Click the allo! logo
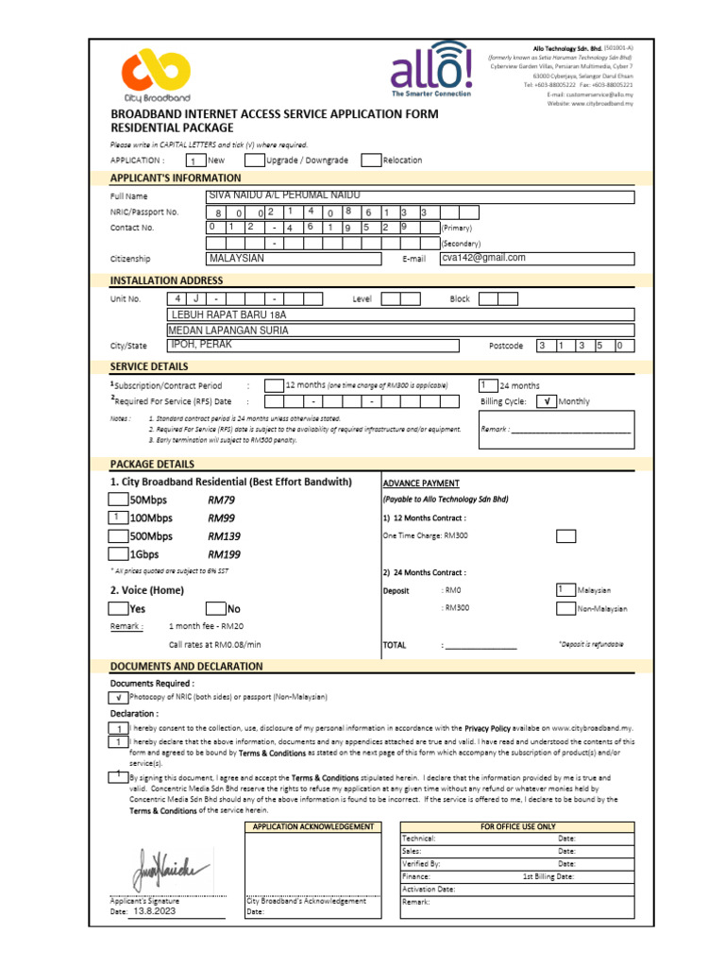pyautogui.click(x=431, y=68)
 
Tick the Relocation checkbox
pyautogui.click(x=371, y=161)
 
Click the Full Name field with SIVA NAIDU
pyautogui.click(x=420, y=196)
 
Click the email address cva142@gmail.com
pyautogui.click(x=483, y=258)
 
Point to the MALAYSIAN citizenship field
pyautogui.click(x=294, y=259)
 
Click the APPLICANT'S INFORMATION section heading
pyautogui.click(x=176, y=178)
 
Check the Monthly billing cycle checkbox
pyautogui.click(x=546, y=401)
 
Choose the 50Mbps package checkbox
pyautogui.click(x=118, y=500)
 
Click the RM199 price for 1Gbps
pyautogui.click(x=225, y=554)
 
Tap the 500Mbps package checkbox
pyautogui.click(x=118, y=536)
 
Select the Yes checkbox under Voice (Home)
pyautogui.click(x=118, y=609)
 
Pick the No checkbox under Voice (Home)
pyautogui.click(x=215, y=609)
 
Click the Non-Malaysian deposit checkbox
pyautogui.click(x=566, y=608)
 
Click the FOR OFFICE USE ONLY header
pyautogui.click(x=518, y=827)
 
